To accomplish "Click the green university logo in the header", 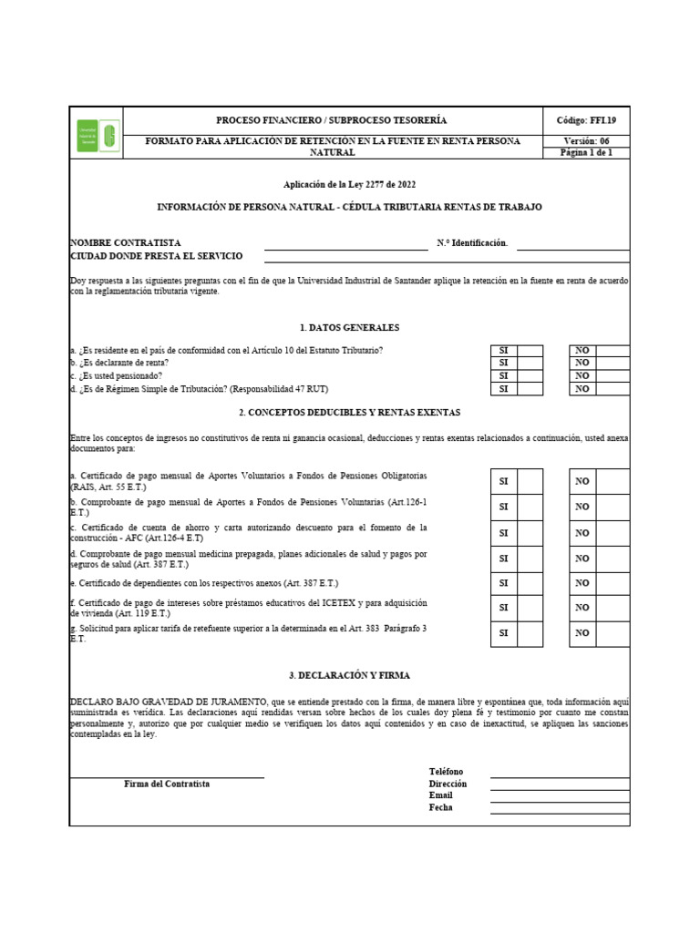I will pyautogui.click(x=97, y=136).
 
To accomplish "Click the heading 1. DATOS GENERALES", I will pyautogui.click(x=349, y=327).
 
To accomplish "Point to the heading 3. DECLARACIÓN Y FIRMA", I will pyautogui.click(x=349, y=675).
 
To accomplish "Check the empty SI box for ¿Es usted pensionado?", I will pyautogui.click(x=530, y=375).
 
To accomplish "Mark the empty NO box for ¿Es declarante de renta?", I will pyautogui.click(x=612, y=363).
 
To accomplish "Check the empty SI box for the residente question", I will pyautogui.click(x=530, y=351).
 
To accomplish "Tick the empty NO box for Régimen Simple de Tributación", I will pyautogui.click(x=612, y=388).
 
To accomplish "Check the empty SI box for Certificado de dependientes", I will pyautogui.click(x=530, y=582).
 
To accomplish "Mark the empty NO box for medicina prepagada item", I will pyautogui.click(x=612, y=557).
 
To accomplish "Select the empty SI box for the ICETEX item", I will pyautogui.click(x=530, y=608).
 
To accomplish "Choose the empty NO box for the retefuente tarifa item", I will pyautogui.click(x=612, y=632).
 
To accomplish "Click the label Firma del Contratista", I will pyautogui.click(x=167, y=784).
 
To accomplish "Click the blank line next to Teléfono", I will pyautogui.click(x=560, y=772).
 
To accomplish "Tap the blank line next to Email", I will pyautogui.click(x=560, y=795).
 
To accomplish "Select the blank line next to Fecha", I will pyautogui.click(x=560, y=807).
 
